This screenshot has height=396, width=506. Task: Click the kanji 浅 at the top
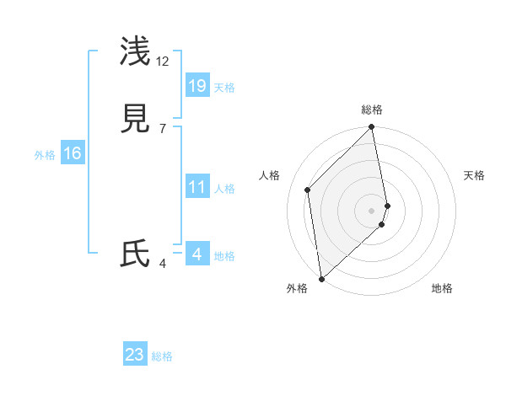136,51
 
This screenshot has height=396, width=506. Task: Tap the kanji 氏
136,254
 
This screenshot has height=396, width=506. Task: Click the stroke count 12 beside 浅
162,61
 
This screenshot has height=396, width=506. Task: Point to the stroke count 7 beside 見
162,129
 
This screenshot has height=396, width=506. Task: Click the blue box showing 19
197,85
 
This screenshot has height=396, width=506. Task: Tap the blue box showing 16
73,153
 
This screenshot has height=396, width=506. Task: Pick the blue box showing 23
135,355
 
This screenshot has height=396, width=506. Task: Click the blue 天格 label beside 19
224,88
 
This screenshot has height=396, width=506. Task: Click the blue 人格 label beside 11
224,189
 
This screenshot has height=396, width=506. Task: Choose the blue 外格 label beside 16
45,155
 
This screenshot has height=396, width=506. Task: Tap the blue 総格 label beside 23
163,357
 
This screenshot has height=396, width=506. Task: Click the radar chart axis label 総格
372,110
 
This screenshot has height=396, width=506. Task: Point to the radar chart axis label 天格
475,175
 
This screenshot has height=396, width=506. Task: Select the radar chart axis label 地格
442,288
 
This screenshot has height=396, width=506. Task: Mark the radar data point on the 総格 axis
372,128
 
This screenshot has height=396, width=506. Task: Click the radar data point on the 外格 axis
321,278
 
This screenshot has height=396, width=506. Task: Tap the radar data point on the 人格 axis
308,190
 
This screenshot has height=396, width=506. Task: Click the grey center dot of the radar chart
372,210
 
